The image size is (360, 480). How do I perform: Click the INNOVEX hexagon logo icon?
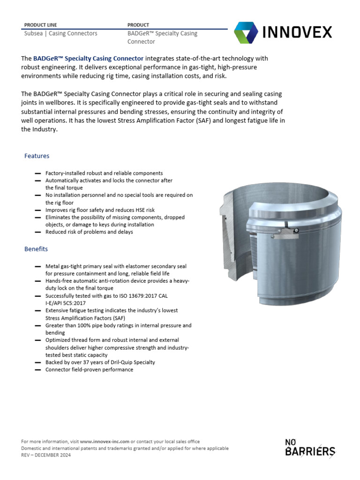point(245,32)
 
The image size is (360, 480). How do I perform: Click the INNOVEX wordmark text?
point(296,32)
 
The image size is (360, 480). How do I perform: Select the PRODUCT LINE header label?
point(40,25)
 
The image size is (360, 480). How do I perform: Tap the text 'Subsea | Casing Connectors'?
point(60,34)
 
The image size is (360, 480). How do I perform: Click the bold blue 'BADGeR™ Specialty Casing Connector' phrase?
point(88,59)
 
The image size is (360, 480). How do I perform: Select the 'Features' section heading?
point(37,156)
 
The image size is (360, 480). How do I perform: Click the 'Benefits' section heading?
point(36,249)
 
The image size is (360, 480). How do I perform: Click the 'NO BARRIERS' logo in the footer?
point(310,448)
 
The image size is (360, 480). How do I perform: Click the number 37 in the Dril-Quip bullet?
point(90,362)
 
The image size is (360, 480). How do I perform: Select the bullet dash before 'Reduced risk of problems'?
point(37,232)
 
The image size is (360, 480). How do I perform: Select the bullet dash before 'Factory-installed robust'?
point(37,173)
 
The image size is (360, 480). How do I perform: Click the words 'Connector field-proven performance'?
point(89,369)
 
